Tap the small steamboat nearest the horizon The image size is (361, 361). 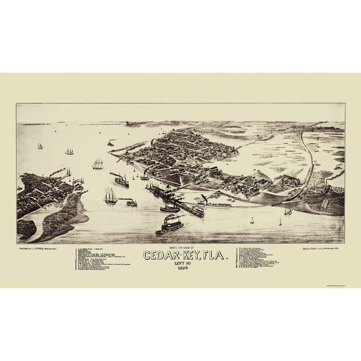(x=110, y=143)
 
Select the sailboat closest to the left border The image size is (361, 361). (x=40, y=146)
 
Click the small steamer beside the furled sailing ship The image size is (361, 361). (x=130, y=202)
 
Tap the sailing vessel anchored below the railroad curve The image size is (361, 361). (x=288, y=211)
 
